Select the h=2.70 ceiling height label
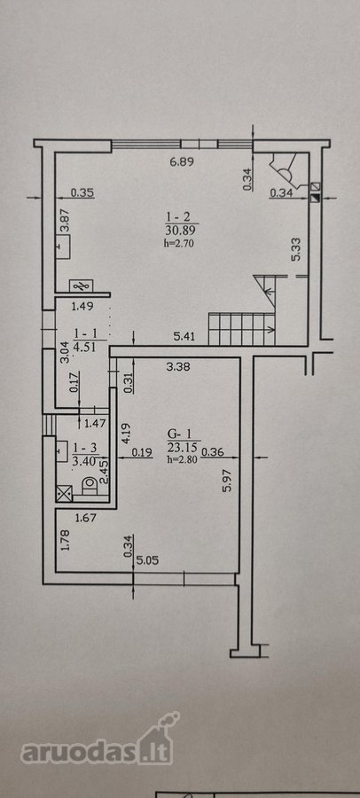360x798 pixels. coord(180,243)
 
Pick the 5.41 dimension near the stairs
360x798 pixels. coord(184,336)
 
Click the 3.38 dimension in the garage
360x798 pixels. coord(178,366)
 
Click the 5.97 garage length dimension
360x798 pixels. coord(228,480)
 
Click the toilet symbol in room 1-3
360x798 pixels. coord(89,484)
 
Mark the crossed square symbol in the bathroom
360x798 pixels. coord(66,493)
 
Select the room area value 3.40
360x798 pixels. coord(84,462)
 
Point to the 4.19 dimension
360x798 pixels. coord(126,434)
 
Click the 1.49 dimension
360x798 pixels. coord(81,306)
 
